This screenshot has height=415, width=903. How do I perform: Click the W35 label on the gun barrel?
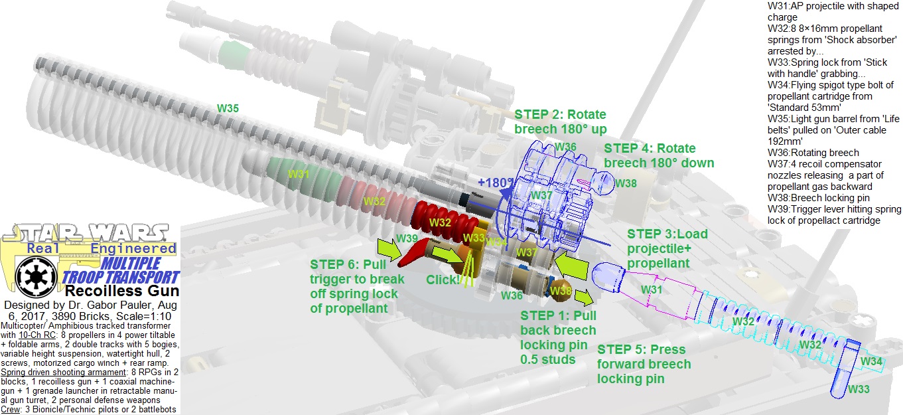coord(228,108)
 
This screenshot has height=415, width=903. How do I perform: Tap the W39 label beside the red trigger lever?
coord(407,238)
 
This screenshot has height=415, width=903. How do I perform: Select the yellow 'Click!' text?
coord(443,280)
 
